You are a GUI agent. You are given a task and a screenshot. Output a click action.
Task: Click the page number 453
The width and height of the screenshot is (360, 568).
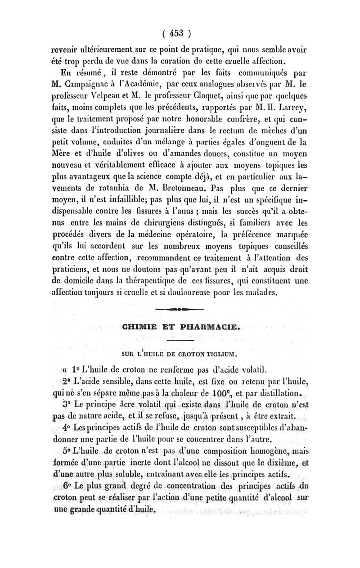pyautogui.click(x=179, y=33)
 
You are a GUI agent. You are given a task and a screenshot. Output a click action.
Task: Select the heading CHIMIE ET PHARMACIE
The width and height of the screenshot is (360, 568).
pyautogui.click(x=179, y=327)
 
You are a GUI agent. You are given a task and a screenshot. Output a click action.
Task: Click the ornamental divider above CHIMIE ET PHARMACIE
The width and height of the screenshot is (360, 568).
pyautogui.click(x=179, y=310)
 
